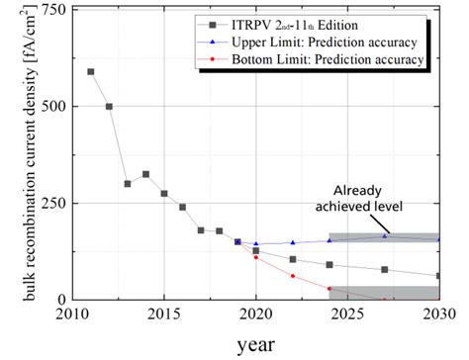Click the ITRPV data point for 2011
tap(91, 72)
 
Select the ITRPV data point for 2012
tap(109, 107)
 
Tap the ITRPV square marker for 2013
tap(128, 184)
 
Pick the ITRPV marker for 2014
tap(145, 174)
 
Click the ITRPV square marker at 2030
tap(438, 276)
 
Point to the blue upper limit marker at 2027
tap(384, 235)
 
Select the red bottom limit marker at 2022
tap(292, 276)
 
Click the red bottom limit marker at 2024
tap(329, 289)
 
